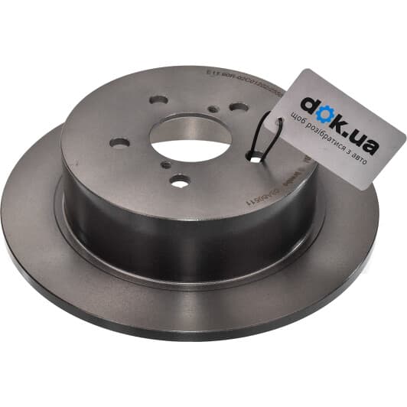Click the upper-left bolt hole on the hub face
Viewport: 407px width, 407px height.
(x=158, y=100)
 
